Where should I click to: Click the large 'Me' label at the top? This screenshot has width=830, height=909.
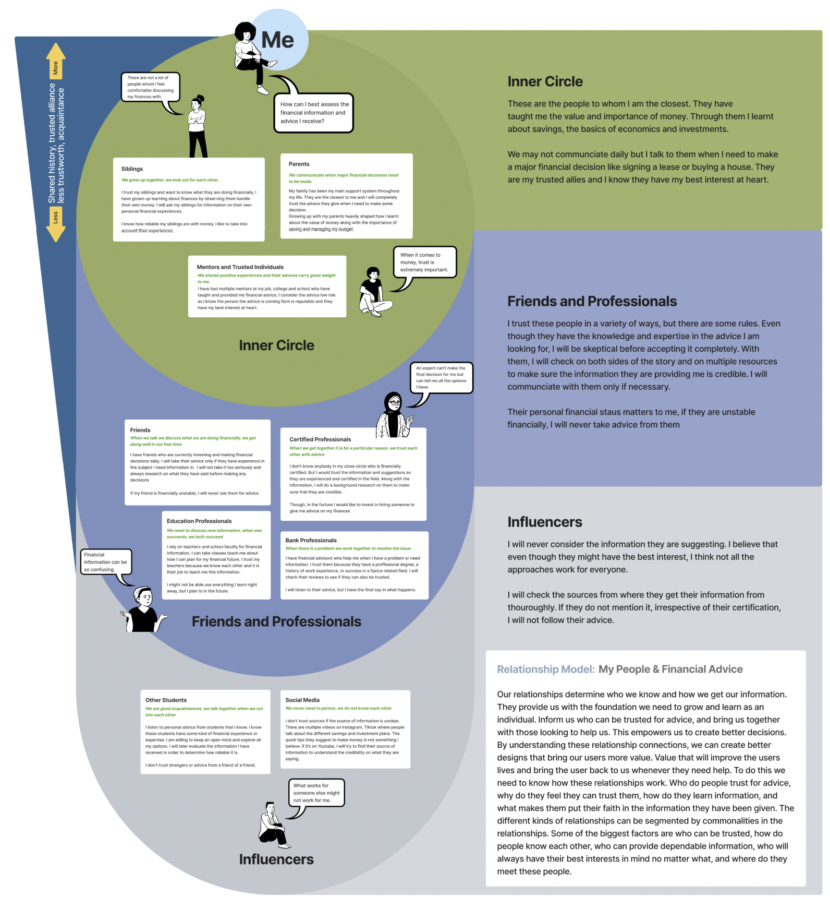click(277, 40)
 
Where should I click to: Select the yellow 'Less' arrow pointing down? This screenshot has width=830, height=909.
click(56, 224)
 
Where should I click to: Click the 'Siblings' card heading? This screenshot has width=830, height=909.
click(132, 169)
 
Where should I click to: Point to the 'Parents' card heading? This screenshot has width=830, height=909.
click(299, 164)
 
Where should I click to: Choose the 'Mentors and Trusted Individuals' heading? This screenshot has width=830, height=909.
click(240, 267)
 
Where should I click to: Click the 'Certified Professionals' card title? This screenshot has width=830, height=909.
click(320, 439)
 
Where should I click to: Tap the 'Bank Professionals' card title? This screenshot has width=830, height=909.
click(311, 540)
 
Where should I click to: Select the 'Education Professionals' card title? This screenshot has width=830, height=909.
click(199, 521)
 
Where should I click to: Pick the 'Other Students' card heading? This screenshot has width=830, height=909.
click(166, 700)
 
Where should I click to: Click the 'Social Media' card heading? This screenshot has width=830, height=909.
click(302, 700)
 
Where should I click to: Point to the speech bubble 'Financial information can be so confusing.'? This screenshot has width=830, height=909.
click(106, 563)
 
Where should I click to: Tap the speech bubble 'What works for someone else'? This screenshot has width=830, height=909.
click(316, 793)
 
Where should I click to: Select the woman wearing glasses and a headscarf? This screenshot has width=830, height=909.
click(395, 415)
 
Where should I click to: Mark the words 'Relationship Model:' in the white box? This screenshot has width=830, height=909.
click(546, 669)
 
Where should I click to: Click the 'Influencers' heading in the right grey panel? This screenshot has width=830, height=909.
click(545, 522)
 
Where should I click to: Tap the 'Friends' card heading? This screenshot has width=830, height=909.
click(140, 430)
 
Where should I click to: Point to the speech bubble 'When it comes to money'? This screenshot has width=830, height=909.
click(424, 262)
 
